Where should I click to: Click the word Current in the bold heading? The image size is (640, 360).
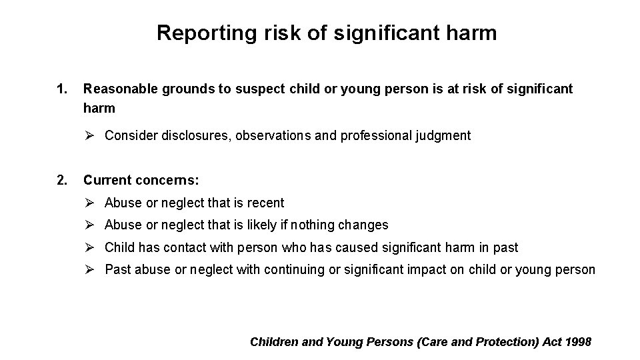click(107, 180)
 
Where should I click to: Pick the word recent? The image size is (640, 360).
click(265, 203)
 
